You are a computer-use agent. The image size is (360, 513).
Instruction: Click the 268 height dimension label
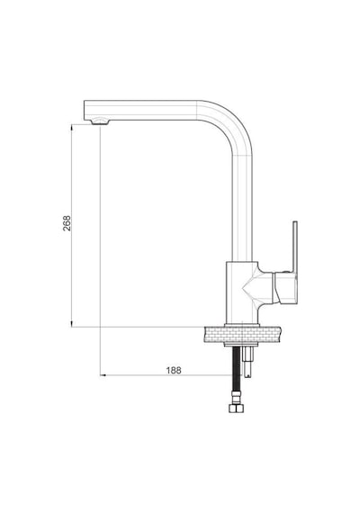point(67,223)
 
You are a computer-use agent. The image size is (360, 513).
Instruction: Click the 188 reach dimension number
point(174,371)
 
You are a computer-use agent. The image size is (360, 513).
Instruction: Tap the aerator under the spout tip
point(100,121)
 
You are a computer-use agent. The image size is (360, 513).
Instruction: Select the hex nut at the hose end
point(236,409)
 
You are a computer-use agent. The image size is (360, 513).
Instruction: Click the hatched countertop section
point(242,335)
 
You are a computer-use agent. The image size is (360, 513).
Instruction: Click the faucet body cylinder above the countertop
point(241,292)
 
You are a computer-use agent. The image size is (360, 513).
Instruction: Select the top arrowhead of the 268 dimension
point(72,127)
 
